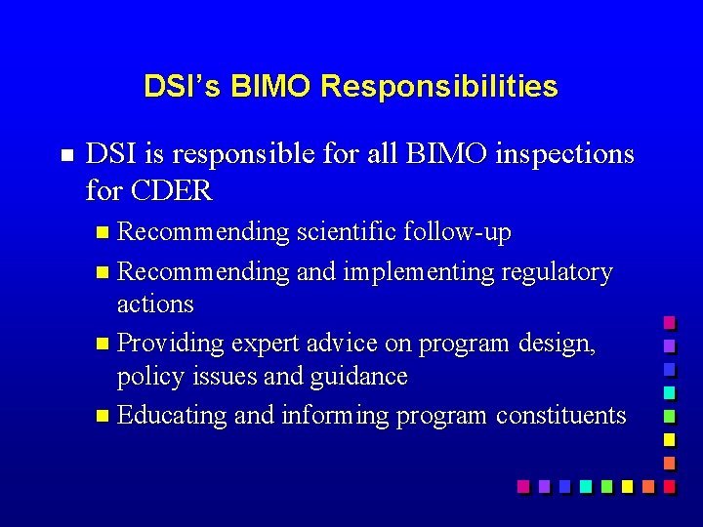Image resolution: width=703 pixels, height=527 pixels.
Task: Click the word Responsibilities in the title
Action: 438,87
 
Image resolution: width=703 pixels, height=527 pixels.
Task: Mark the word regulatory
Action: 557,271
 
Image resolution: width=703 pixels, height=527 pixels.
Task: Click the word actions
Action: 155,304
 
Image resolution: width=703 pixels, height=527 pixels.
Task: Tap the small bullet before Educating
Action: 104,417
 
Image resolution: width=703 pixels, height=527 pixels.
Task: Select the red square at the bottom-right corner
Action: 669,485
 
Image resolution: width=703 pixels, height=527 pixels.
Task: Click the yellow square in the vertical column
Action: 669,438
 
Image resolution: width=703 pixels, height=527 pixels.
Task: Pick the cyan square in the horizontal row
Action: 585,485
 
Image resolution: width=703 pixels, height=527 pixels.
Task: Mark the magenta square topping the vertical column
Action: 669,322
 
